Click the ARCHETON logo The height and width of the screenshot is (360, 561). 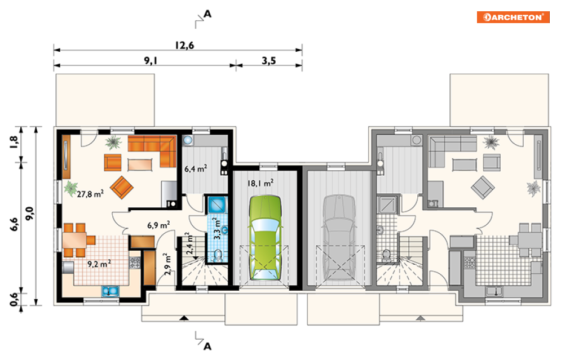[513, 17]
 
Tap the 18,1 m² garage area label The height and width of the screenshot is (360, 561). [260, 183]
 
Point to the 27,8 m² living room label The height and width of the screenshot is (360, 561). [90, 194]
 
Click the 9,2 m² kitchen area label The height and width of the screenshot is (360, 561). [99, 264]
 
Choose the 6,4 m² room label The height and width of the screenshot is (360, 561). [196, 168]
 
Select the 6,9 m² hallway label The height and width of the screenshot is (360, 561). [158, 225]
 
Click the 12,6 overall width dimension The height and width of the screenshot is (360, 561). [184, 46]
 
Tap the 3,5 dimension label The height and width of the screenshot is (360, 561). [269, 61]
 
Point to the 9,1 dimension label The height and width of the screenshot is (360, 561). [151, 61]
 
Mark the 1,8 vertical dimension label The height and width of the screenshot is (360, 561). [14, 143]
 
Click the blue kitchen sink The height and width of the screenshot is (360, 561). [110, 291]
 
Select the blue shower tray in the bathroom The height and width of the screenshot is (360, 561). [217, 205]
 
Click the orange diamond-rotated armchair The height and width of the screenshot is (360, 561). [122, 188]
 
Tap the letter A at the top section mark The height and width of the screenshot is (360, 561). [207, 14]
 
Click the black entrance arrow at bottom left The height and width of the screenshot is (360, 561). [184, 318]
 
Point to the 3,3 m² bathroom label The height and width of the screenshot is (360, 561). [217, 228]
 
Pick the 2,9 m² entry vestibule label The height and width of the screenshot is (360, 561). [167, 264]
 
